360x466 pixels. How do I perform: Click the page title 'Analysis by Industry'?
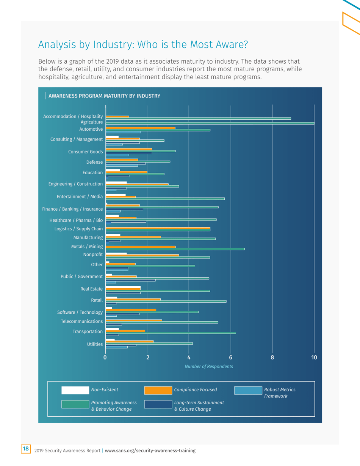(143, 45)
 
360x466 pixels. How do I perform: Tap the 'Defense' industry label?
(94, 162)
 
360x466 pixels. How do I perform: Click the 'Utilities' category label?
(95, 344)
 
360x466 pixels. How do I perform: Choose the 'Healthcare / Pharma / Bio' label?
(76, 220)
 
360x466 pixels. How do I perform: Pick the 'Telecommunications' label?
(82, 321)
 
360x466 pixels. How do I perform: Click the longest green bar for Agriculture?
(210, 123)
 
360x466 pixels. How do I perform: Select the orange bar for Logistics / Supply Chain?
(158, 228)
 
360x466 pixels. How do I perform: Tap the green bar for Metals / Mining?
(175, 249)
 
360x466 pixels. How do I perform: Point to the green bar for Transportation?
(171, 333)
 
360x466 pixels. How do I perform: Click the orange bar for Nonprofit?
(142, 255)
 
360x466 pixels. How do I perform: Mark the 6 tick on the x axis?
(231, 357)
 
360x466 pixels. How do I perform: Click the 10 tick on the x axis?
(314, 357)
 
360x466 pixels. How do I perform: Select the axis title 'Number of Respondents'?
(208, 366)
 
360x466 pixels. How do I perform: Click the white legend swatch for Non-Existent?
(75, 390)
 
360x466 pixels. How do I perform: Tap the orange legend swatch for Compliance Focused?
(158, 390)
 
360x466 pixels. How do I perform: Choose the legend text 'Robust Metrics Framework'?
(280, 393)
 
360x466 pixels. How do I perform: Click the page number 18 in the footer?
(26, 449)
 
